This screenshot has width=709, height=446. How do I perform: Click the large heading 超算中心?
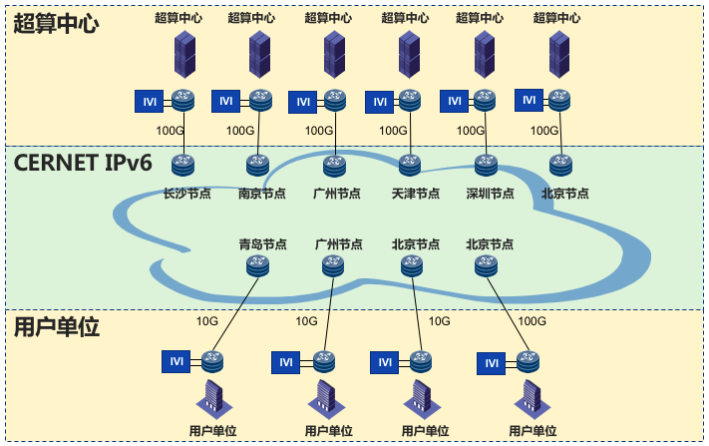click(57, 24)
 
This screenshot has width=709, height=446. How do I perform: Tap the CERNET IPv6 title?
click(84, 163)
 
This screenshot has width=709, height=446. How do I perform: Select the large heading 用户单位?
click(57, 327)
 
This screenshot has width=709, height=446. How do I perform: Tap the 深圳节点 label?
click(491, 194)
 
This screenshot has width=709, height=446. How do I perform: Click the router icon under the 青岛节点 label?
click(257, 265)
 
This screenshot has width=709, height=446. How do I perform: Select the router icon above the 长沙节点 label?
click(181, 164)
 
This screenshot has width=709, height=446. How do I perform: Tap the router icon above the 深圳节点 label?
click(486, 164)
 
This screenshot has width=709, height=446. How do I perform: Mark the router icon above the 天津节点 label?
click(410, 164)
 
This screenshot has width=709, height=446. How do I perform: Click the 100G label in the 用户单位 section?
click(532, 321)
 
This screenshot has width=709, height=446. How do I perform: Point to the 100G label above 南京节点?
click(240, 130)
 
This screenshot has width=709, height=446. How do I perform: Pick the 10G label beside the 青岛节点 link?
click(206, 321)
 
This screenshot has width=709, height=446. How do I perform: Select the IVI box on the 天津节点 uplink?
click(379, 101)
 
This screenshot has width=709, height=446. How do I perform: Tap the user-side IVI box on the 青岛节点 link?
click(176, 361)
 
